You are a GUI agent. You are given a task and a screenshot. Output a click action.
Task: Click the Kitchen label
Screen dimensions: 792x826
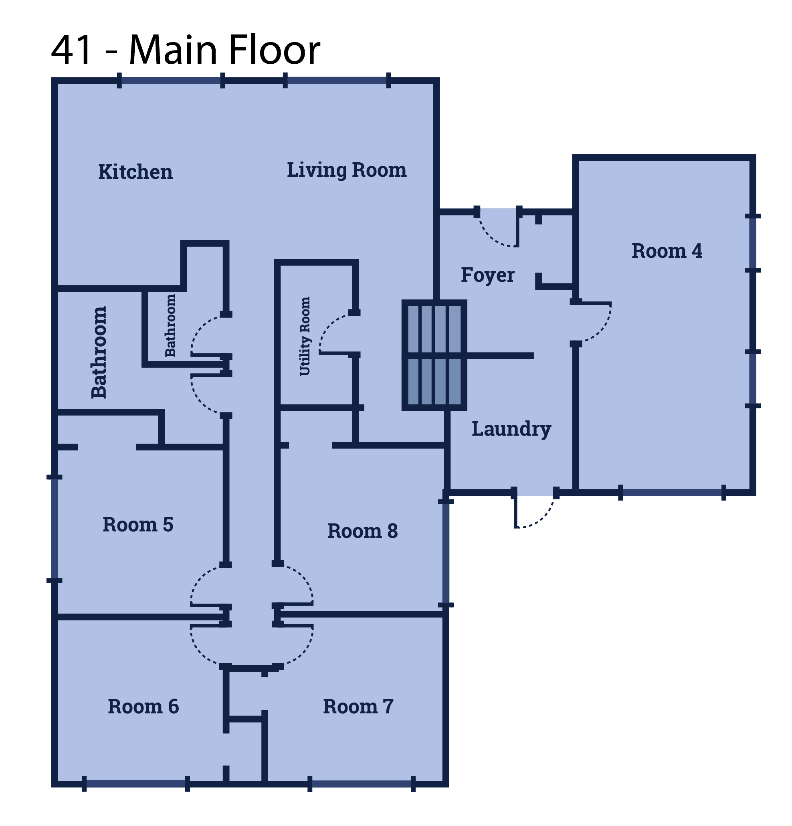(x=135, y=172)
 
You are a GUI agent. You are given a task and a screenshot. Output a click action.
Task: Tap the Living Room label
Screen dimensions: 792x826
(x=346, y=170)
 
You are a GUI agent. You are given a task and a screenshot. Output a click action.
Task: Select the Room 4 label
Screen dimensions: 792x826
(x=667, y=251)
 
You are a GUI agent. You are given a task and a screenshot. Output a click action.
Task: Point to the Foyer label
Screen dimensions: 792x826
(x=487, y=275)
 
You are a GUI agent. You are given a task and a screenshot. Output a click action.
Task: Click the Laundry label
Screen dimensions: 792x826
(x=511, y=429)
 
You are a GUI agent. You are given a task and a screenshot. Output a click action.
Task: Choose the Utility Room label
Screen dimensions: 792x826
(x=305, y=336)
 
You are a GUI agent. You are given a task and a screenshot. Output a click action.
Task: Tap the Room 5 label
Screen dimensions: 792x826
(x=138, y=525)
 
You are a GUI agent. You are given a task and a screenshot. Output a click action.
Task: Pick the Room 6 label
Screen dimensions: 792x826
(x=143, y=707)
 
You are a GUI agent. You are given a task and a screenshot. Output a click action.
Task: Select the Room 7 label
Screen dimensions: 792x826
(x=358, y=707)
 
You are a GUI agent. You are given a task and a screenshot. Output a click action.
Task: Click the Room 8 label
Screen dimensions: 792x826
(x=362, y=531)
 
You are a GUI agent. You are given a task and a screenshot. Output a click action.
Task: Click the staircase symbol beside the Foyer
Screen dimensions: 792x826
(x=434, y=355)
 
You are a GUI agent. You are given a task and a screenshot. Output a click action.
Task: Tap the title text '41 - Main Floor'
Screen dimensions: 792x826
(x=186, y=50)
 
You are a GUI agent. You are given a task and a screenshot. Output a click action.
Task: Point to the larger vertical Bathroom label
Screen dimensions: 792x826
(x=99, y=352)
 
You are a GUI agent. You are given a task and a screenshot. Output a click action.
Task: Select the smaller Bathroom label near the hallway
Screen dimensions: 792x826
(x=170, y=325)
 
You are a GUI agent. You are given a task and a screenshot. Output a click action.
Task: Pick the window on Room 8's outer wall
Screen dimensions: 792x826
(x=446, y=553)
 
